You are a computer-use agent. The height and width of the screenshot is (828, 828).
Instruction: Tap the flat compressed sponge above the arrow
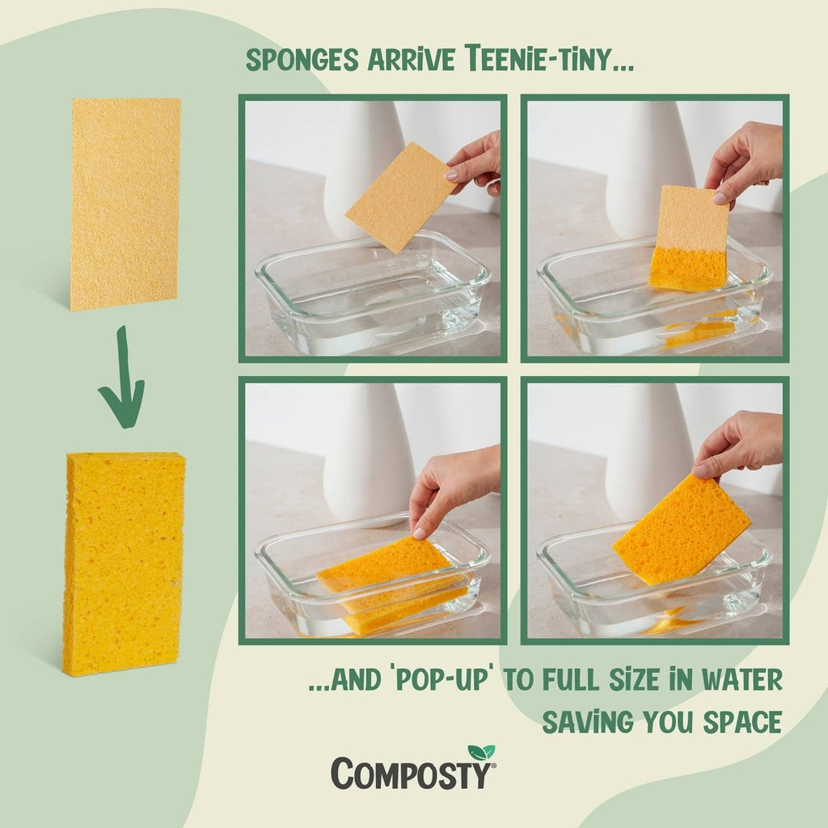pos(125,204)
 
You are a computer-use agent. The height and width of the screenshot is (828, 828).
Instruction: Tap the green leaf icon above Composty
pos(481,753)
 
